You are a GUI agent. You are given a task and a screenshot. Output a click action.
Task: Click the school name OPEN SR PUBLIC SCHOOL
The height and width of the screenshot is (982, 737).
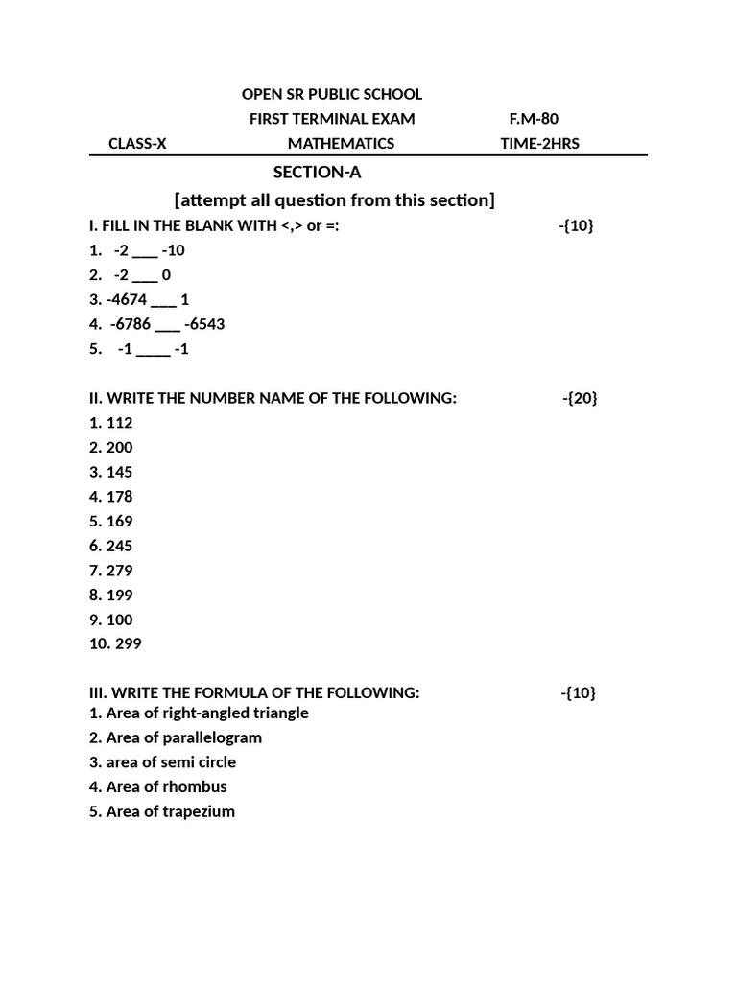(x=331, y=94)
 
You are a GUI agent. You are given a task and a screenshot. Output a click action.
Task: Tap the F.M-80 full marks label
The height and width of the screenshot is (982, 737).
(x=534, y=119)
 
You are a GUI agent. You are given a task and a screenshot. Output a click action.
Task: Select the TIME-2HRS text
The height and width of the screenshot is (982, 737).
(x=539, y=144)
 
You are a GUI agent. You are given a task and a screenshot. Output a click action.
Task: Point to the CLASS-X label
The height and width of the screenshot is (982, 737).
(x=137, y=144)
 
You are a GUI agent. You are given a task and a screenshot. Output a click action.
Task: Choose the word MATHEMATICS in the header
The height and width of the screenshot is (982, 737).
(x=341, y=144)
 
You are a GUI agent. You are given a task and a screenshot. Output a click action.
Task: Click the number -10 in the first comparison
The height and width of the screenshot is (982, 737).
(x=174, y=250)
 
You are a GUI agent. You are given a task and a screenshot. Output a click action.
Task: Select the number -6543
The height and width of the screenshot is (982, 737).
(x=203, y=324)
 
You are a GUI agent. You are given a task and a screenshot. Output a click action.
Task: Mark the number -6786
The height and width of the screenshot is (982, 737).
(x=131, y=324)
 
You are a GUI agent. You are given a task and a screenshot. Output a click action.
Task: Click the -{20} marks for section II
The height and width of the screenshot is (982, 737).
(x=580, y=398)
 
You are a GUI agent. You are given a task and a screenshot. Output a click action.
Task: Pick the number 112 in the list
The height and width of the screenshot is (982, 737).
(x=120, y=423)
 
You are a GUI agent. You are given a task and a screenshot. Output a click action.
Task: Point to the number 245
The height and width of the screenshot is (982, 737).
(x=120, y=546)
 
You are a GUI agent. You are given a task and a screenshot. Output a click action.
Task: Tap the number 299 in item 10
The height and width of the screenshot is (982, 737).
(x=128, y=643)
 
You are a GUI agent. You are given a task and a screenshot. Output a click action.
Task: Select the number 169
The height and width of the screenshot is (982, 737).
(x=120, y=521)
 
